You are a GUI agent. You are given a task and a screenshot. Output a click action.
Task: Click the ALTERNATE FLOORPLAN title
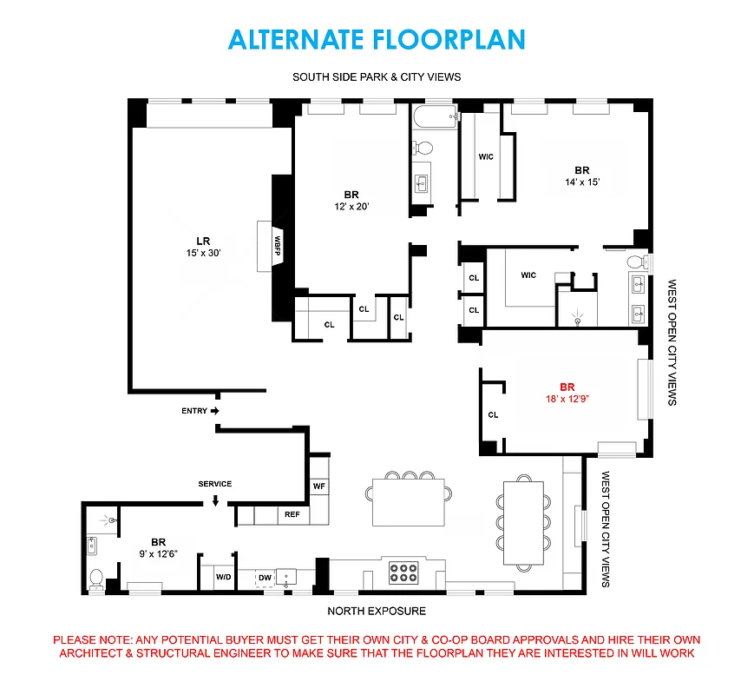click(377, 39)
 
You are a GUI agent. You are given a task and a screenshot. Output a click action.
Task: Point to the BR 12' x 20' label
click(351, 201)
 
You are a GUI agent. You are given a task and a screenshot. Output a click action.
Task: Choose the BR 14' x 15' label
click(580, 176)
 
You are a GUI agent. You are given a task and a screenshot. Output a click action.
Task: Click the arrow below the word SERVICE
click(215, 500)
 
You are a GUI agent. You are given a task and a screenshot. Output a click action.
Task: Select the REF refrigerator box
click(292, 515)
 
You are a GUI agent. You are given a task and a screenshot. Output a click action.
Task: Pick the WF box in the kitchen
click(319, 486)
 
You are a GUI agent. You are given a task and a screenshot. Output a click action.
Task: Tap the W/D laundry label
click(222, 577)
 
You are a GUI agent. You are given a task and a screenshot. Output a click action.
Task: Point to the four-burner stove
click(403, 573)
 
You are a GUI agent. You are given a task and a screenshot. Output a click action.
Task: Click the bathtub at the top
click(433, 117)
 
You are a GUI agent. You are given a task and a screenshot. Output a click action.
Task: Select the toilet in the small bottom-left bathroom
click(97, 576)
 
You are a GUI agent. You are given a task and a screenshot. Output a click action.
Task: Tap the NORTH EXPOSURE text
click(377, 611)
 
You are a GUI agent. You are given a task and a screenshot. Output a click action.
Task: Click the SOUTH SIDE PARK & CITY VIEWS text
click(377, 77)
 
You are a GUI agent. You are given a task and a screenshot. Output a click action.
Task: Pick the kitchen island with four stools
click(408, 503)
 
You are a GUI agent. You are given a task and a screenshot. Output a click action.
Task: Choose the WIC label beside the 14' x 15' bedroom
click(486, 157)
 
